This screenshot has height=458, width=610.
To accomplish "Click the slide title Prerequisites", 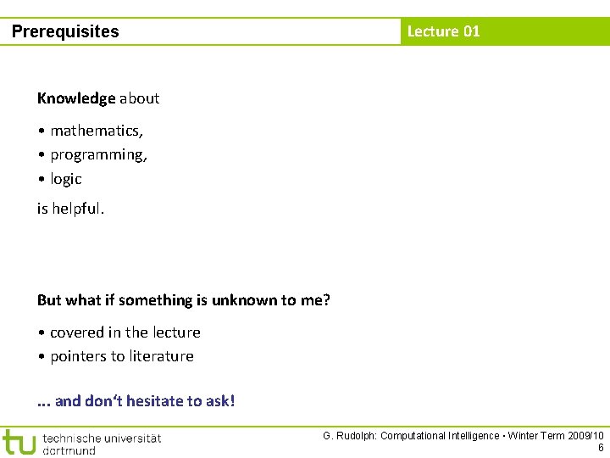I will (65, 32).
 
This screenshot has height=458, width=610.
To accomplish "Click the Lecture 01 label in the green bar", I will (443, 31).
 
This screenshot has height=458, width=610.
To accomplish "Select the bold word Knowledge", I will (76, 98).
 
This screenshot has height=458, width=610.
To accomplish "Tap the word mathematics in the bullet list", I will (96, 131).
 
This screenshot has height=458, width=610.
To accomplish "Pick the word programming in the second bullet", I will (97, 155).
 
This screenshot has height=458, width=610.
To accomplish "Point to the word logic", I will (66, 179).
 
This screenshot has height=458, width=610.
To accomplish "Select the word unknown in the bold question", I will (245, 300).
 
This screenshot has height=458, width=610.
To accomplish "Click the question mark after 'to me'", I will (326, 300).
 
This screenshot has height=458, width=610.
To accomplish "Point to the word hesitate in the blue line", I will (154, 400).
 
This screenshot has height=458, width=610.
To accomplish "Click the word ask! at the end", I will (219, 400).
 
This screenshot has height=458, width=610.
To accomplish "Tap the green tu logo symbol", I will (19, 442).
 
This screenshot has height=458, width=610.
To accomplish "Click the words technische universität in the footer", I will (101, 438).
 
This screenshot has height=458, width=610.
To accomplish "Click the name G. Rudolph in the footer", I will (349, 436).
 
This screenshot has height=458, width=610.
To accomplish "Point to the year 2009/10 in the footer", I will (585, 436).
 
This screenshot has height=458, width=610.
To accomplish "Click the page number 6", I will (601, 448).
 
